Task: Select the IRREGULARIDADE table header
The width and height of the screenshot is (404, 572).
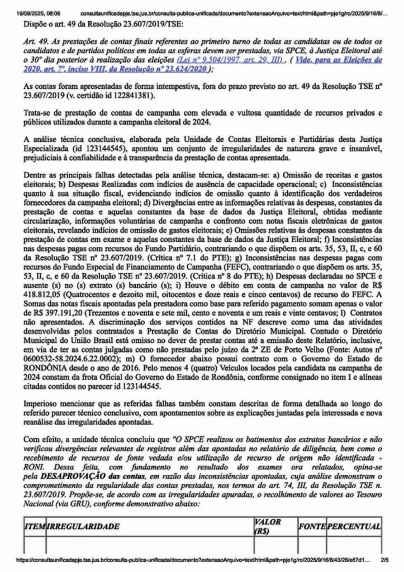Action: [x=84, y=527]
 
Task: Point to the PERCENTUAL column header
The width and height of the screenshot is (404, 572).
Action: [x=355, y=527]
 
